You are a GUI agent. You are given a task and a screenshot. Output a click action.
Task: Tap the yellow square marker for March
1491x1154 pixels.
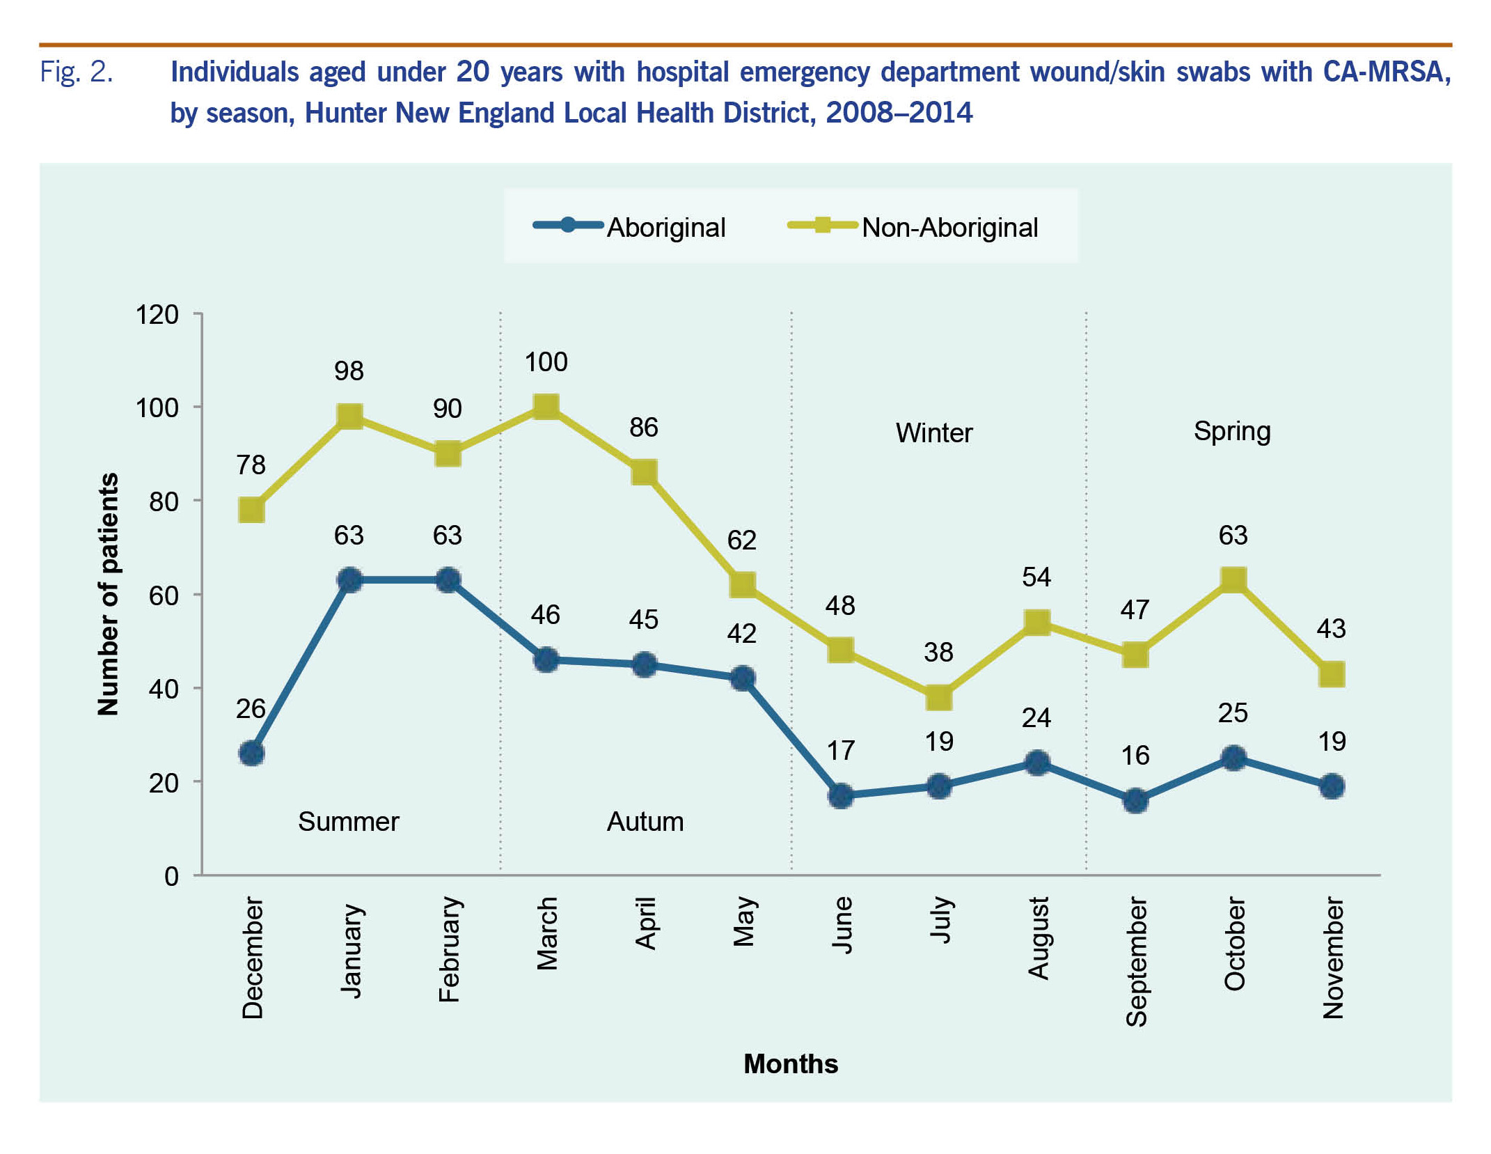point(546,407)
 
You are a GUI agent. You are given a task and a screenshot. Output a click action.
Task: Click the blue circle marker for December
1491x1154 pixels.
point(251,753)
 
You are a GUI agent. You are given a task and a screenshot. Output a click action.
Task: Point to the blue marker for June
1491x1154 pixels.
point(841,795)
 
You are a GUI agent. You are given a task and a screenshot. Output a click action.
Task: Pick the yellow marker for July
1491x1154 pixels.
point(939,697)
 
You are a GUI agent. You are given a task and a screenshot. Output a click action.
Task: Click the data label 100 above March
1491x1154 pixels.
point(546,362)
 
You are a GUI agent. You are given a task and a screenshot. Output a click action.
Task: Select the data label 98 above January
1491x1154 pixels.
point(349,371)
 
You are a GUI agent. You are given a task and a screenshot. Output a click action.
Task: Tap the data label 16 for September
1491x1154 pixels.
point(1135,756)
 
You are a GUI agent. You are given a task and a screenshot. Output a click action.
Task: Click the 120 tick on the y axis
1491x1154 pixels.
point(157,315)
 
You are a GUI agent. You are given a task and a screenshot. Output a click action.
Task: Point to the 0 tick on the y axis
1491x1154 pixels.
point(171,876)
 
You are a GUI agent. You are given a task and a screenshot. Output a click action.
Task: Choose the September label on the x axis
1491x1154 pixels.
point(1136,962)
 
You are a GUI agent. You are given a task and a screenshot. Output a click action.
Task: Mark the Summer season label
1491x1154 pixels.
point(348,822)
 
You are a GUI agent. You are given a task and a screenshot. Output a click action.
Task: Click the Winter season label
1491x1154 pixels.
point(933,433)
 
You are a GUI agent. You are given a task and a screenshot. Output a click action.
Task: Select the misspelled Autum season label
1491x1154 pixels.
point(645,822)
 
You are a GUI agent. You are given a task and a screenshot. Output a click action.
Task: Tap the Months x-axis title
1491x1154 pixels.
point(791,1064)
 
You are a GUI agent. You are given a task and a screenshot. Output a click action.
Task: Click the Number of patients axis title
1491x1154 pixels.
point(109,594)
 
